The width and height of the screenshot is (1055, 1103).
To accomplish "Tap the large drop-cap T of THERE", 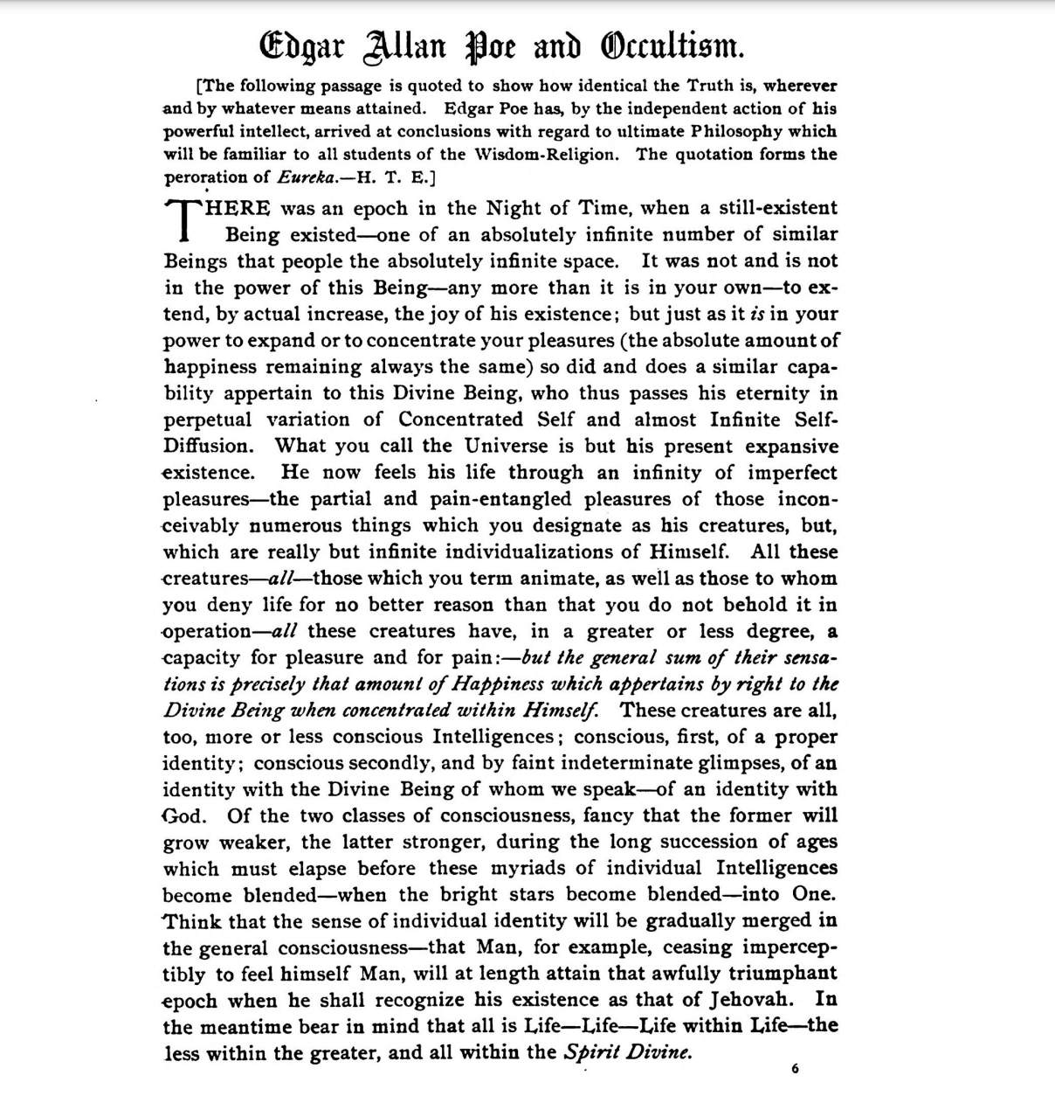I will [184, 220].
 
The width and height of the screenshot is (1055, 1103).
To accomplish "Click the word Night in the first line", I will [514, 208].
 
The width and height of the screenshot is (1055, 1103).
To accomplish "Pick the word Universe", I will [507, 446].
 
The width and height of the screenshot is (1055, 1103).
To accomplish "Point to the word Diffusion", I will [208, 446].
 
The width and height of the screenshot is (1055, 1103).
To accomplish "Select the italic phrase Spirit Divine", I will [628, 1051].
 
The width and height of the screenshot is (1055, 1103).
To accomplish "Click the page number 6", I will [796, 1069].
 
